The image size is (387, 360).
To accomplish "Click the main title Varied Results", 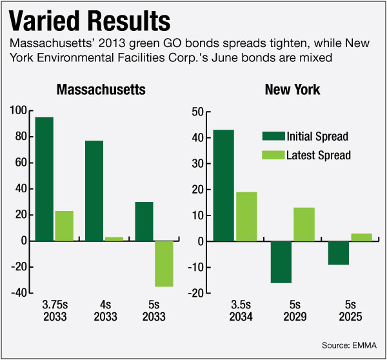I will pos(90,21).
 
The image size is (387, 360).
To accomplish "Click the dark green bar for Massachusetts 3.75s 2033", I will pos(44,179).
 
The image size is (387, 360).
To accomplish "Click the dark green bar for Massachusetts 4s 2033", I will pos(94,190).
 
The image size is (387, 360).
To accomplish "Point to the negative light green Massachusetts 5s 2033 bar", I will pos(164,263).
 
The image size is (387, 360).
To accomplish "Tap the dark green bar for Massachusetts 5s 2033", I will pos(144,221).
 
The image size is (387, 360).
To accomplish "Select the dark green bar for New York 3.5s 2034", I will pos(224,186).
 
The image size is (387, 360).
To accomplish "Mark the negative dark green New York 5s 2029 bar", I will pos(281,262).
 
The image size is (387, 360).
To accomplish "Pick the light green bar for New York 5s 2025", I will pos(362,237).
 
